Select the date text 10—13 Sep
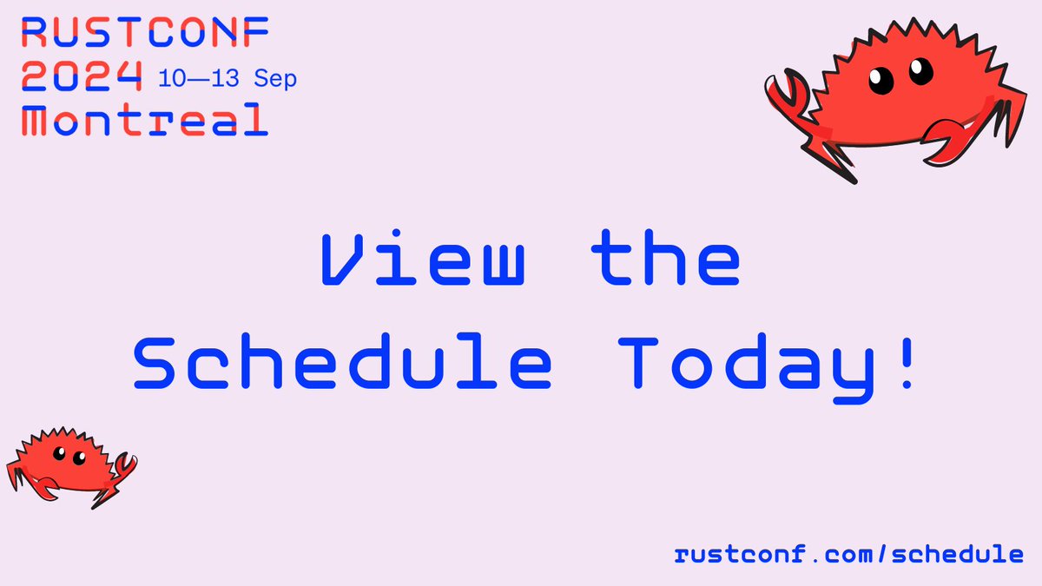point(228,79)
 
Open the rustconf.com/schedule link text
point(849,554)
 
